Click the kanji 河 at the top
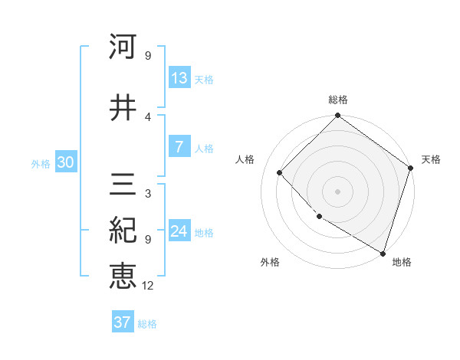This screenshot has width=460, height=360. [123, 47]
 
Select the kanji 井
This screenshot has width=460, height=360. [123, 108]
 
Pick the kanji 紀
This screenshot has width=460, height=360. [123, 231]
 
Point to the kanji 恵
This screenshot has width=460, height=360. [123, 276]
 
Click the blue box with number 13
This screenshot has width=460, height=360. [179, 78]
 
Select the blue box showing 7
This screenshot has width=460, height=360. [179, 147]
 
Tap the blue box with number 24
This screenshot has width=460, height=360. [179, 231]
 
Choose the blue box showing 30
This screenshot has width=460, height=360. [65, 162]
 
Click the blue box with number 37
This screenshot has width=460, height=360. [123, 322]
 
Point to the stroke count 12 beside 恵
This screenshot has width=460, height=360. [148, 286]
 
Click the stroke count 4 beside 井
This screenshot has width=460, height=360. [148, 116]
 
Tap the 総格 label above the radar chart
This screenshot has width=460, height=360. [338, 100]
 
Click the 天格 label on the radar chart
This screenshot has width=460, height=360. [431, 159]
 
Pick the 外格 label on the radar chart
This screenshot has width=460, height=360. [270, 262]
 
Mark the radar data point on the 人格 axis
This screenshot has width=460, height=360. [280, 172]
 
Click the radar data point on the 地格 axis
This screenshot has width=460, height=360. [383, 252]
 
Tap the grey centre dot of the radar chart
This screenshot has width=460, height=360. [338, 191]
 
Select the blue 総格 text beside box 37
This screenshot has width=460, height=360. [147, 324]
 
